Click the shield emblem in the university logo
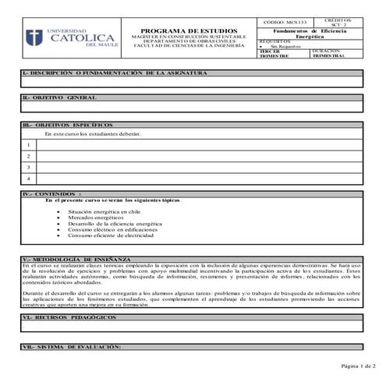(34, 38)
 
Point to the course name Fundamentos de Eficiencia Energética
(310, 34)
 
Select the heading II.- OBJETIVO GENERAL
(61, 98)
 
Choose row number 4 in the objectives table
(28, 179)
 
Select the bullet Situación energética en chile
(104, 211)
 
